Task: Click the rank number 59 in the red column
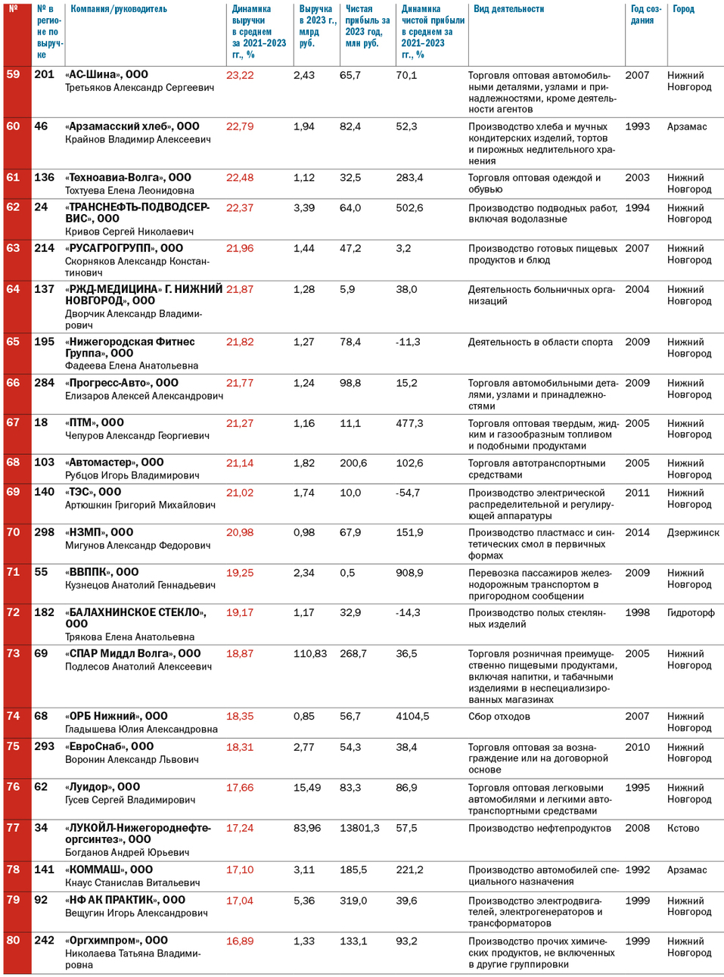(13, 74)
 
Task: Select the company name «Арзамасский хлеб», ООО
(132, 126)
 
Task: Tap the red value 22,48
(240, 178)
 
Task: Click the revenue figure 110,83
(310, 654)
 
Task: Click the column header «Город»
(683, 9)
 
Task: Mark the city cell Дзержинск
(693, 533)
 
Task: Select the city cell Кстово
(683, 828)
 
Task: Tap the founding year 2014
(637, 533)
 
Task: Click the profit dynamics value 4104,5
(412, 716)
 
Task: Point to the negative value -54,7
(408, 493)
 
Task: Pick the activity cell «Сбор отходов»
(499, 717)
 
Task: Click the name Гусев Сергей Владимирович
(130, 800)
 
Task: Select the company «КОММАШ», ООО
(109, 870)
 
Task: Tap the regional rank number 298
(45, 532)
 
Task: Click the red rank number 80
(13, 940)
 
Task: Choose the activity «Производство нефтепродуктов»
(539, 828)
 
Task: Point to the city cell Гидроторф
(691, 612)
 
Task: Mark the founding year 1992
(637, 870)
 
